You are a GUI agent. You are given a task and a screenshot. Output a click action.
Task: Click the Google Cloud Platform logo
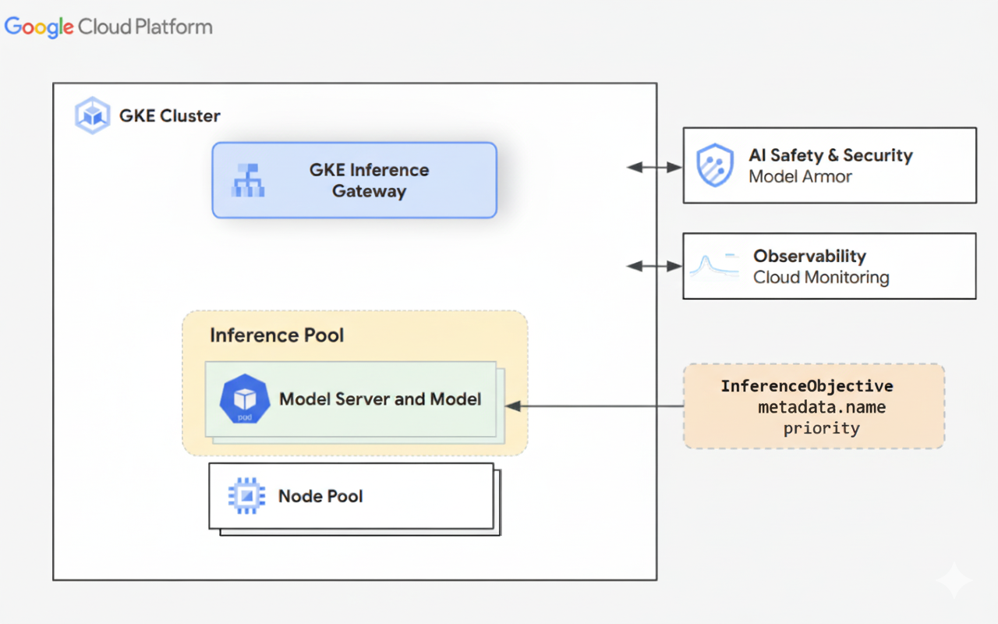click(x=108, y=27)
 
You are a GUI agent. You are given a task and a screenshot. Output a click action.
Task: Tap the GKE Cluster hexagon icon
click(x=93, y=116)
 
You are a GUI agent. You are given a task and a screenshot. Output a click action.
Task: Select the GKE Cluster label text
click(x=169, y=116)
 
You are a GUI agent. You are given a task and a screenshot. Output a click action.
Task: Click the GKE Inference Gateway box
click(x=354, y=180)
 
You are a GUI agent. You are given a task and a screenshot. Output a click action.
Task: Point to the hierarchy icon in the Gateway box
click(x=249, y=180)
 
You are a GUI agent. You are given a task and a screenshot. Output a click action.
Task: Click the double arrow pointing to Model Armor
click(x=654, y=167)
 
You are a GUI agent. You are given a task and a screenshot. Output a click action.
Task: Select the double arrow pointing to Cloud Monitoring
click(x=654, y=266)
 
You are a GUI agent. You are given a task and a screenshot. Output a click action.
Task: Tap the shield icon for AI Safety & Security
click(x=714, y=165)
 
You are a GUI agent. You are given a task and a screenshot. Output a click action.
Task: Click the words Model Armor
click(x=800, y=177)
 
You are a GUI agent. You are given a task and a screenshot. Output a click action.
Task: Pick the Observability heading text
click(x=809, y=256)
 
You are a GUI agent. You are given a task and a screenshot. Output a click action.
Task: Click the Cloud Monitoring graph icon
click(x=713, y=267)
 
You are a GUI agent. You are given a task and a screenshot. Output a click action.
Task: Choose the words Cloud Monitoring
click(x=821, y=278)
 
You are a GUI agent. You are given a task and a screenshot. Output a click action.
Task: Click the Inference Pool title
click(x=277, y=335)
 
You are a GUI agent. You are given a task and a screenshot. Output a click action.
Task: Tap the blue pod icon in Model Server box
click(x=245, y=399)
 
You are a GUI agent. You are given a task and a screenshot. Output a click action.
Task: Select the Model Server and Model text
click(x=380, y=399)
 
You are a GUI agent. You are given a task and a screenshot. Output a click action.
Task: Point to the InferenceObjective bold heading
click(x=806, y=386)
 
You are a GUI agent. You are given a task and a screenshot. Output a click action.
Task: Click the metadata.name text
click(x=822, y=407)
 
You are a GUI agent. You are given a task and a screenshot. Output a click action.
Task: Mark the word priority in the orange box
click(x=821, y=428)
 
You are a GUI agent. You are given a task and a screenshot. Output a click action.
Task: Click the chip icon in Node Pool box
click(x=246, y=496)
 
